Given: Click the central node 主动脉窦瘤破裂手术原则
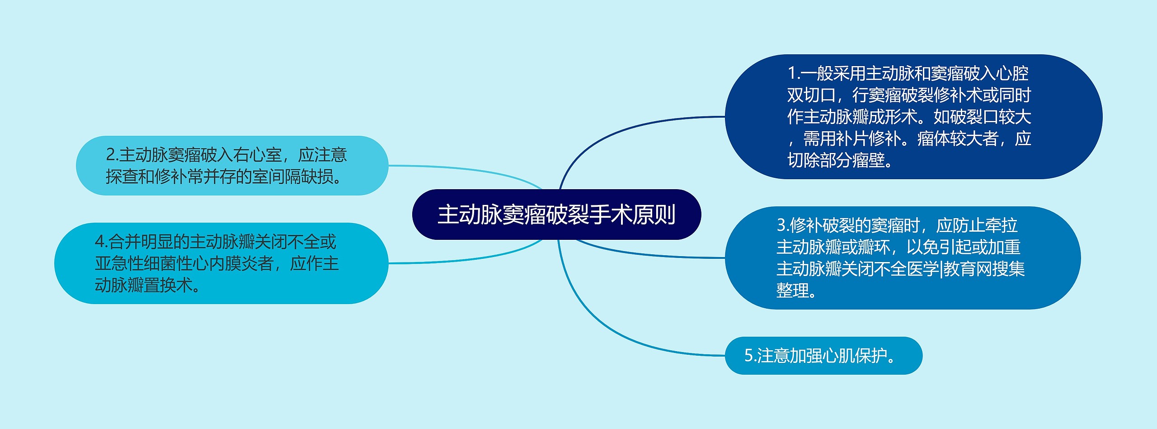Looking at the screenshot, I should (x=556, y=214).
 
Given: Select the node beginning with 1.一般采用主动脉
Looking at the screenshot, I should (x=913, y=117).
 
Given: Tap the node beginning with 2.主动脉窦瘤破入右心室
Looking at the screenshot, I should (x=231, y=166).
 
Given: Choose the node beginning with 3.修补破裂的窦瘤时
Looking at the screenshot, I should (x=902, y=258).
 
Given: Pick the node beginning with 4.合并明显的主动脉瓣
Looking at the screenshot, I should (x=221, y=263).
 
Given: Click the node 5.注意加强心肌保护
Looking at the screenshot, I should (x=823, y=356).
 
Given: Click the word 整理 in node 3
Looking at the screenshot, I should (x=792, y=291).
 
